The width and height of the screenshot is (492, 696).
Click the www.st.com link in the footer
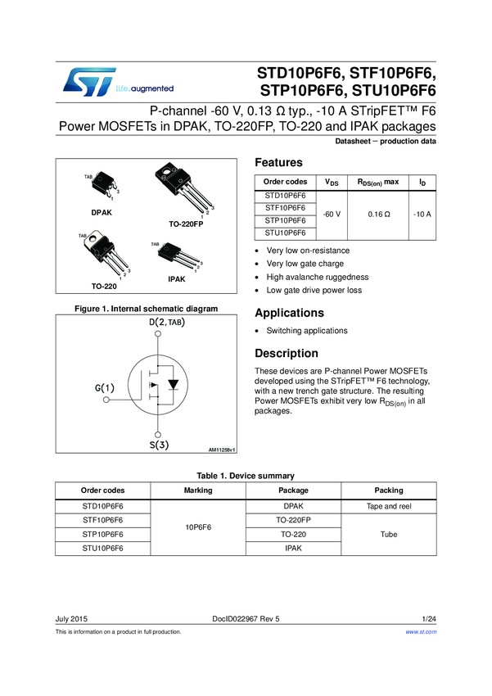coord(422,632)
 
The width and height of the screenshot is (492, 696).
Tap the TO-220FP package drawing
coord(184,191)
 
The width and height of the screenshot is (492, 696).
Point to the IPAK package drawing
coord(174,259)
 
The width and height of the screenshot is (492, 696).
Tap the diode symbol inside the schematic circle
coord(171,383)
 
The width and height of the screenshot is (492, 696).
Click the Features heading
coord(279,163)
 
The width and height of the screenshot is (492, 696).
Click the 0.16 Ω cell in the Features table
coord(377,214)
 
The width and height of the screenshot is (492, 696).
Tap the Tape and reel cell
coord(388,506)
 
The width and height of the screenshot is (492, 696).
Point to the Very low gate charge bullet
coord(305,264)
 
